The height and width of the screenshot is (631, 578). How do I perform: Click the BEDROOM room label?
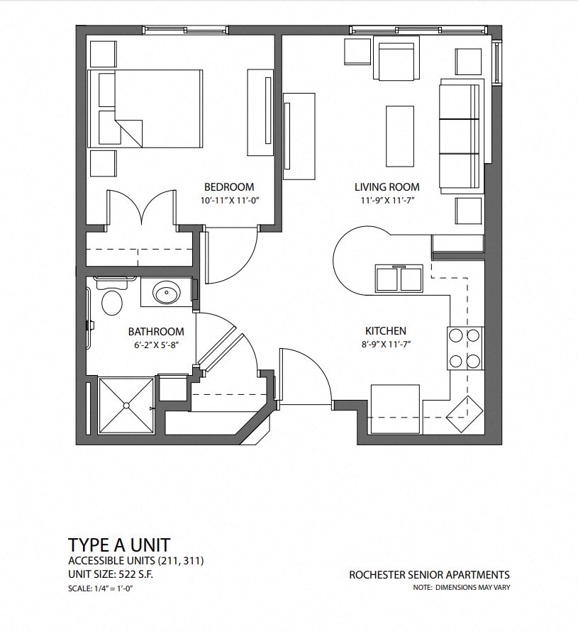pyautogui.click(x=228, y=187)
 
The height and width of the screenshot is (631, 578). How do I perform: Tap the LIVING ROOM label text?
pyautogui.click(x=387, y=187)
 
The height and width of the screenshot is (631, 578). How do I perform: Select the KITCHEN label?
pyautogui.click(x=385, y=331)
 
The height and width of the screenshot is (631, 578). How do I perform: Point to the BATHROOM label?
pyautogui.click(x=156, y=332)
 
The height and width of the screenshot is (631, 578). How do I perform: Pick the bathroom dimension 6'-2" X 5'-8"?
pyautogui.click(x=156, y=345)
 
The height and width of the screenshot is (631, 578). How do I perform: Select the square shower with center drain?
pyautogui.click(x=126, y=405)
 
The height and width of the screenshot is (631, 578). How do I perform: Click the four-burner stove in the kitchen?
pyautogui.click(x=465, y=348)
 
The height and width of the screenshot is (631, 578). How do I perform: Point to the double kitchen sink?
pyautogui.click(x=399, y=278)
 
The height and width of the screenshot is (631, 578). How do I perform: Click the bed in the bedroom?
pyautogui.click(x=145, y=109)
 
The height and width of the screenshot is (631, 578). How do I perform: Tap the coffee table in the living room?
pyautogui.click(x=399, y=135)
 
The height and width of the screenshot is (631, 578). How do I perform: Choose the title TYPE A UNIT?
pyautogui.click(x=118, y=545)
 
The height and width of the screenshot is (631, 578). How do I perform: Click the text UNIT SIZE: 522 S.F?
pyautogui.click(x=110, y=574)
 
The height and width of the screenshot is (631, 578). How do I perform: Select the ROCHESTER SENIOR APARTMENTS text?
pyautogui.click(x=428, y=575)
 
